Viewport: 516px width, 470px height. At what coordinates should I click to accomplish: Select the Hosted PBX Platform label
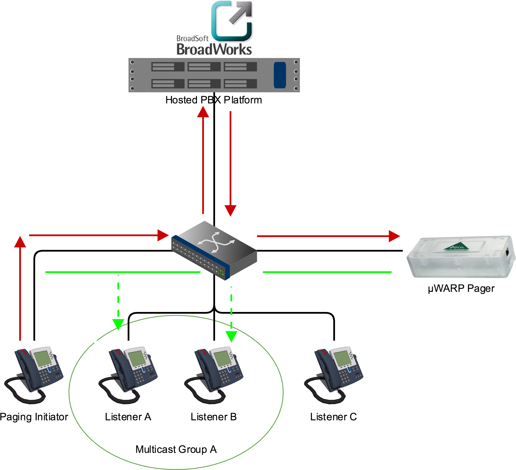(214, 100)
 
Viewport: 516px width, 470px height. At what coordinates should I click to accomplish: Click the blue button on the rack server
(280, 75)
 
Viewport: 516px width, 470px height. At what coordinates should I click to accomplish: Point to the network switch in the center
(214, 251)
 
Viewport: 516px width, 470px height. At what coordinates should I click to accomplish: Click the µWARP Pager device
(461, 257)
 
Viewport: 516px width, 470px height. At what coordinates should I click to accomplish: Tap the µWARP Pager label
(461, 289)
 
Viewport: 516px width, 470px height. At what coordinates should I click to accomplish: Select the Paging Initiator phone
(34, 375)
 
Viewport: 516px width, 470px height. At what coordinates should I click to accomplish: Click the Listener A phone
(128, 375)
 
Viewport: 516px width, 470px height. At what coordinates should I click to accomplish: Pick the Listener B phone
(214, 375)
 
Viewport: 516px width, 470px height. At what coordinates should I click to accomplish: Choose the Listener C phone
(334, 375)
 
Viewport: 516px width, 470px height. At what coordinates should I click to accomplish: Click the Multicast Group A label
(176, 449)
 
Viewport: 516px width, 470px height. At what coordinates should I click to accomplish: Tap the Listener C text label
(334, 417)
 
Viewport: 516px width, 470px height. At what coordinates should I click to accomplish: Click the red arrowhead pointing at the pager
(394, 236)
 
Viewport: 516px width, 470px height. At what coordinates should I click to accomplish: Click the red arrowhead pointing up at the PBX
(203, 112)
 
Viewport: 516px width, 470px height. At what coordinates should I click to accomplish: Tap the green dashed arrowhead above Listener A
(118, 324)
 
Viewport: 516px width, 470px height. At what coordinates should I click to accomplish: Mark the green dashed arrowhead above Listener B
(231, 336)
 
